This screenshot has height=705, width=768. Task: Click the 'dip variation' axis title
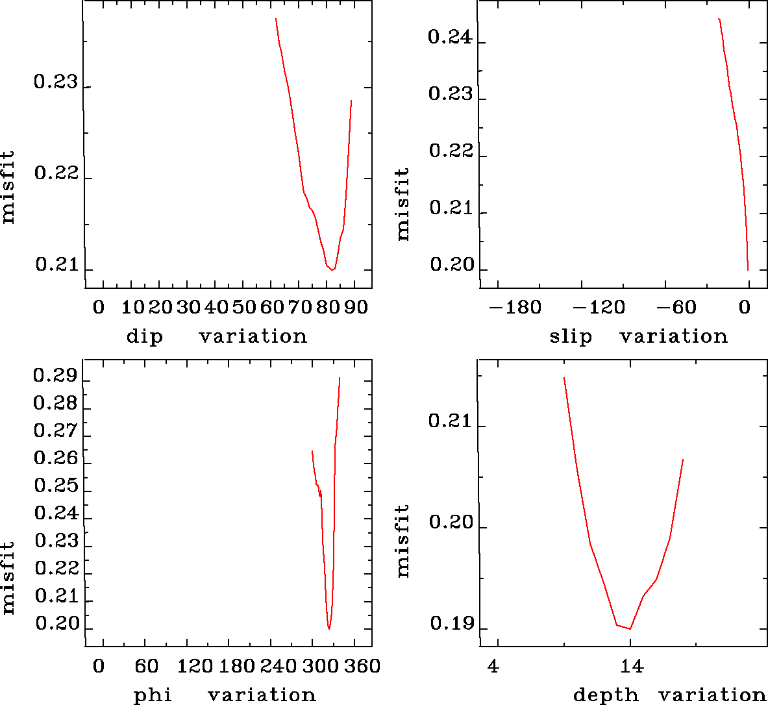(x=216, y=336)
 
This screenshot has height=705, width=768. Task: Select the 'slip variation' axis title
(x=638, y=336)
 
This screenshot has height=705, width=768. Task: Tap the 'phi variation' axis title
(x=225, y=695)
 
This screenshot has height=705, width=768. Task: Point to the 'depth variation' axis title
(x=669, y=695)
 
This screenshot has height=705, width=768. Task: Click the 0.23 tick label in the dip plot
(x=55, y=82)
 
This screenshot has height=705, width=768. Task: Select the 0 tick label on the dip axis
(x=99, y=306)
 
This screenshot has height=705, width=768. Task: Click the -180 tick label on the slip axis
(x=515, y=306)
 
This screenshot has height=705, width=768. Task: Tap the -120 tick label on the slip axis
(x=599, y=306)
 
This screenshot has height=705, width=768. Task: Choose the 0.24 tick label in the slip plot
(x=450, y=37)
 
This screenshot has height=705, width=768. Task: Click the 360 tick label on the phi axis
(x=362, y=665)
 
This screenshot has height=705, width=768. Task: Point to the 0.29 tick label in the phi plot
(x=55, y=376)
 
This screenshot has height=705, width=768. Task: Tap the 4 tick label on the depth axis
(x=494, y=665)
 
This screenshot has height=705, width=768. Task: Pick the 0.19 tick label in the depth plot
(x=450, y=624)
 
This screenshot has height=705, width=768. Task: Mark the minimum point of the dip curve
(x=332, y=269)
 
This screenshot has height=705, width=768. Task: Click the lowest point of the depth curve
(x=630, y=628)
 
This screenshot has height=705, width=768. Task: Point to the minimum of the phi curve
(x=329, y=628)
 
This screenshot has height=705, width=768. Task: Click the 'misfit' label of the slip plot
(x=403, y=204)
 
